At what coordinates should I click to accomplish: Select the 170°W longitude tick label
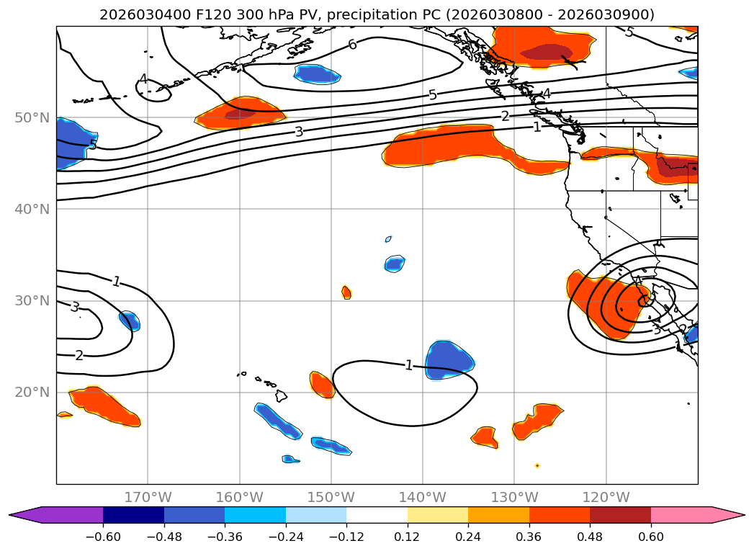click(148, 497)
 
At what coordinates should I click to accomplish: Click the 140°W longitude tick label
click(423, 497)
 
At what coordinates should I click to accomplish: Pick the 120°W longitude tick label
click(606, 497)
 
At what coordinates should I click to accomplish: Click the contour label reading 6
click(352, 45)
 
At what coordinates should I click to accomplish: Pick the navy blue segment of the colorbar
click(133, 515)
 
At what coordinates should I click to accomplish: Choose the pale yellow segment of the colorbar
click(437, 515)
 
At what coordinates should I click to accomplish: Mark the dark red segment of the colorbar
click(620, 515)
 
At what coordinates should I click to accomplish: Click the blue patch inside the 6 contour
click(318, 73)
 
